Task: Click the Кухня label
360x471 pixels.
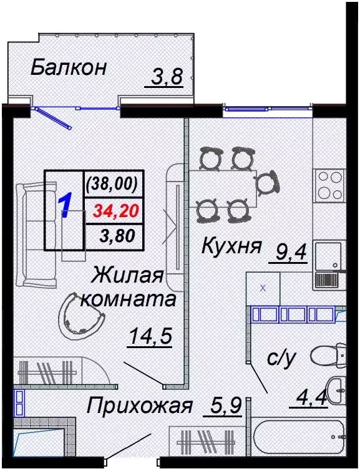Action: click(x=230, y=247)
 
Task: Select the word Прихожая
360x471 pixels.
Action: click(x=139, y=407)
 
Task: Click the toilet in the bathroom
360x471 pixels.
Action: click(x=331, y=356)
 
